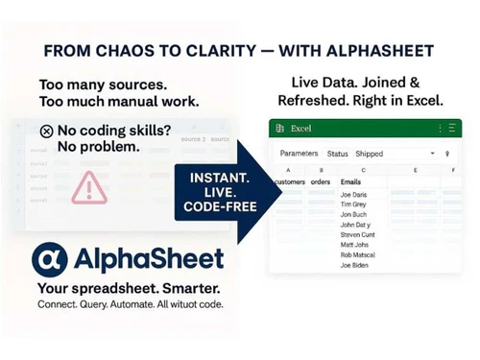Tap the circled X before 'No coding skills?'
coord(47,132)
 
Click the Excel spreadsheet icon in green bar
coord(279,128)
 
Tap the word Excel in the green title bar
coord(302,128)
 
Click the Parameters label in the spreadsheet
coord(299,154)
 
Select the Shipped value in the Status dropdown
coord(370,154)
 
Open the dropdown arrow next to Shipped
coord(432,154)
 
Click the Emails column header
coord(351,182)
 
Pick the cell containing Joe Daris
coord(353,194)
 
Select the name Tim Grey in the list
coord(352,204)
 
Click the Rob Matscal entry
coord(358,254)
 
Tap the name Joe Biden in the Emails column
coord(353,266)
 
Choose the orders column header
coord(321,182)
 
